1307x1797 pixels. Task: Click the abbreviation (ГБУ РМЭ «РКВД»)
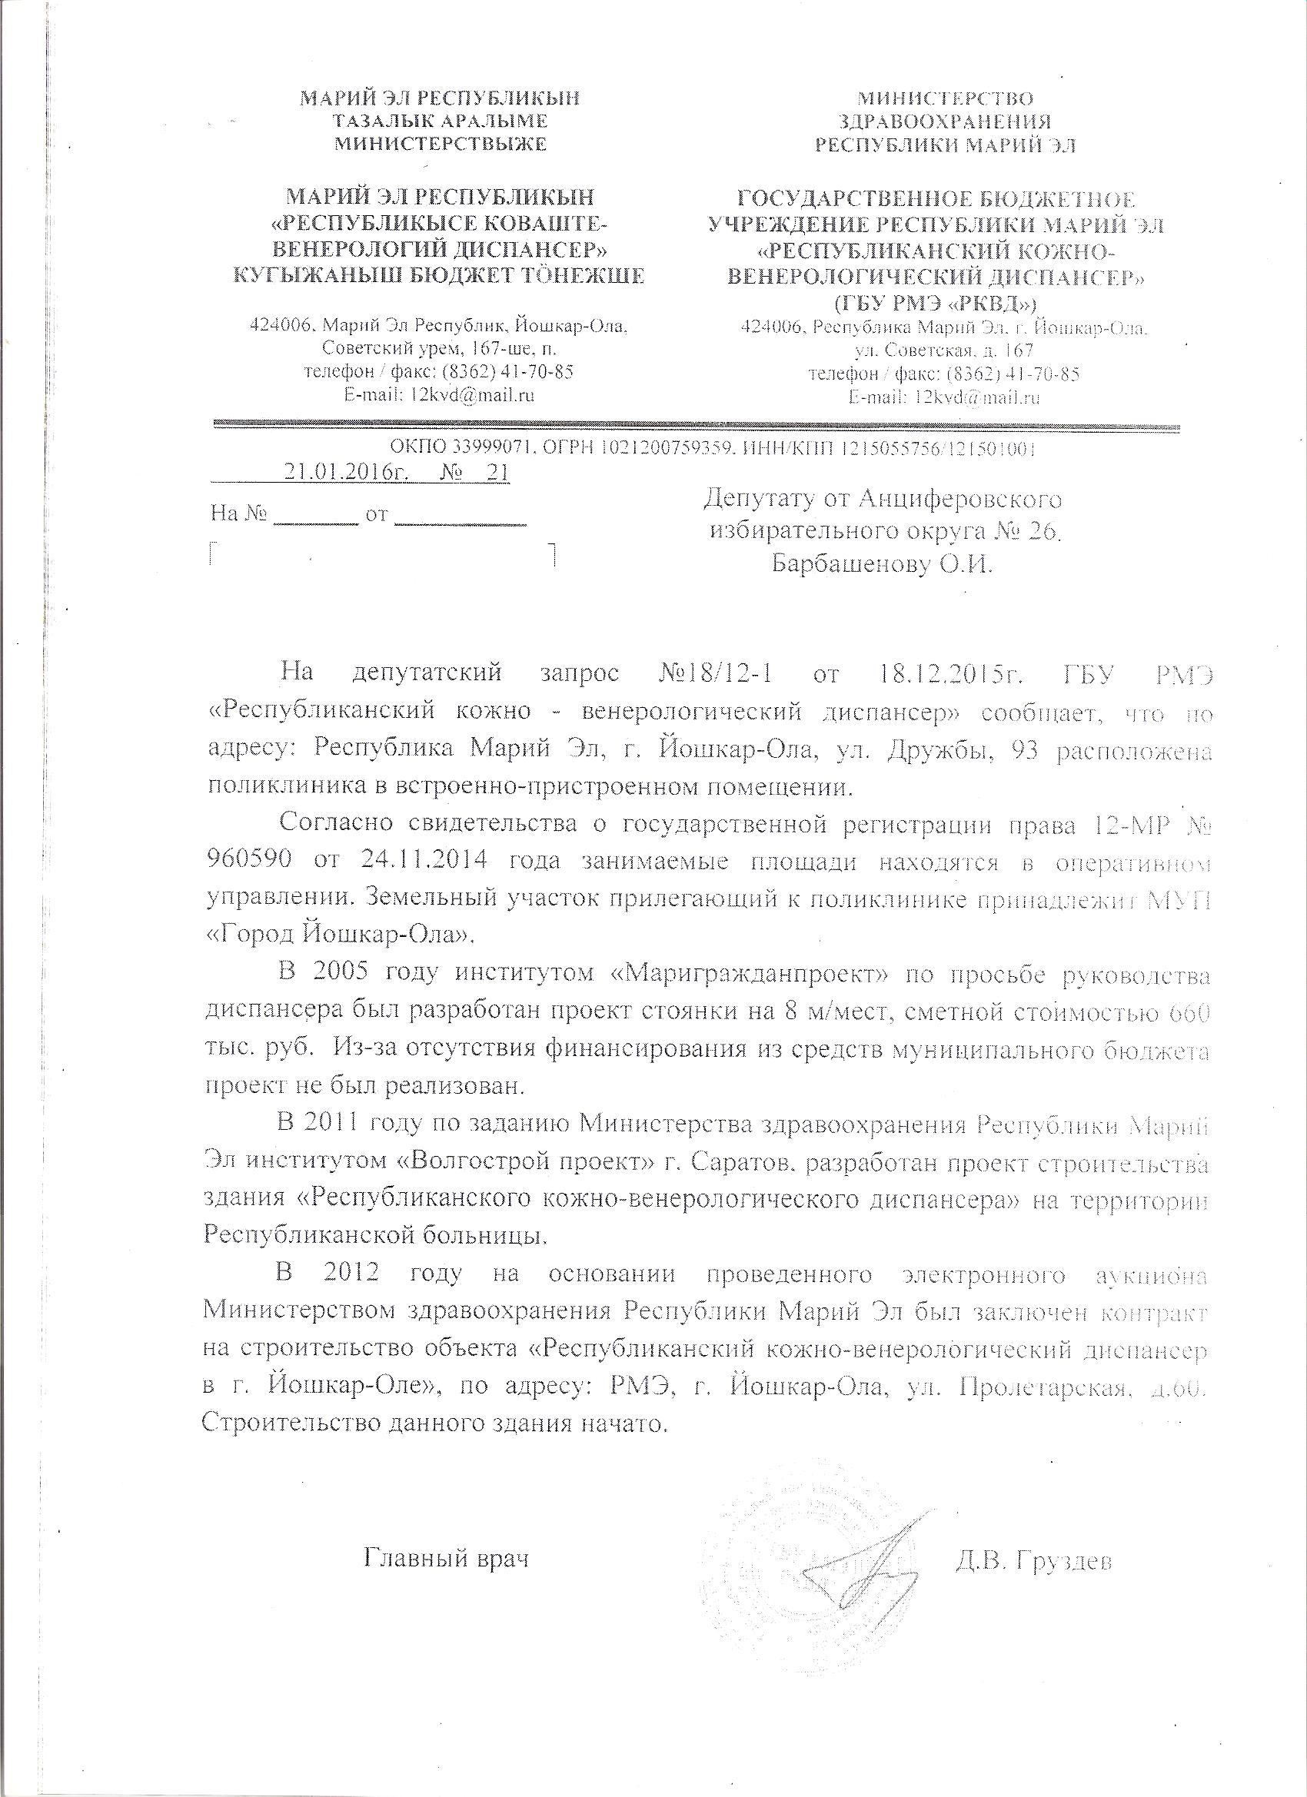(937, 302)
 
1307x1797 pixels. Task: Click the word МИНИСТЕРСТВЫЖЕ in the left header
(441, 144)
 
